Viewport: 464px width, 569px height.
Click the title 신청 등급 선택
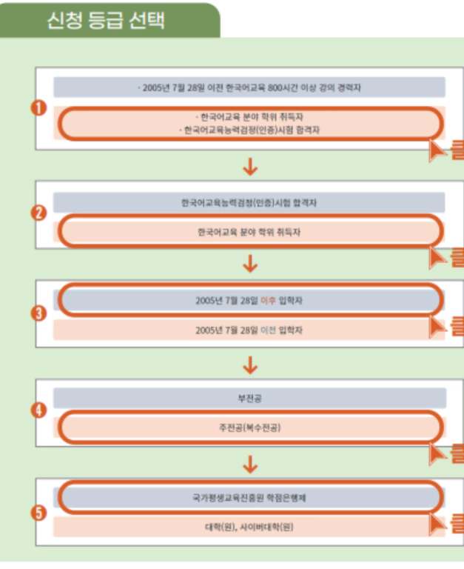click(x=105, y=20)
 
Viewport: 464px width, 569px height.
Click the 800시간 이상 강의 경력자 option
click(x=249, y=87)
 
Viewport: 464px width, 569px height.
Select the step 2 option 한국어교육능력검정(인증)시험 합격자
click(x=249, y=202)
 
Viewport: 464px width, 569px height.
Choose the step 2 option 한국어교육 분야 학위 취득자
click(x=249, y=232)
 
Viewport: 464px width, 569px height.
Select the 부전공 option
click(x=249, y=399)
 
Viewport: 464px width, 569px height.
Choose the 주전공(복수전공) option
click(x=249, y=428)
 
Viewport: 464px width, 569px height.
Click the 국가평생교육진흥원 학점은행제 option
click(x=249, y=498)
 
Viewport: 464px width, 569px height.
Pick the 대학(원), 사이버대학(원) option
click(x=249, y=527)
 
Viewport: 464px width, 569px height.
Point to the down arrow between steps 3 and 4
click(x=250, y=364)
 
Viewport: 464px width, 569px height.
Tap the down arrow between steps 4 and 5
click(x=250, y=463)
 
